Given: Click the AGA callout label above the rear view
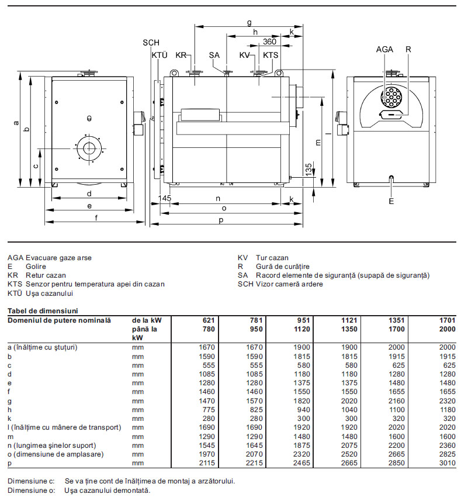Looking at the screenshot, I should [x=385, y=50].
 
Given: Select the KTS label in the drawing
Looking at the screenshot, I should [x=271, y=55].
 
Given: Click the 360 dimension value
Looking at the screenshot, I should [x=269, y=42].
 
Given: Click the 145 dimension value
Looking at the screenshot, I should [x=165, y=199].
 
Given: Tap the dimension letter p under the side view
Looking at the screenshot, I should [x=221, y=219].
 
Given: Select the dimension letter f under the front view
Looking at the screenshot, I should [x=95, y=218].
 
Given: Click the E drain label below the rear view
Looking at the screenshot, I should [x=391, y=201].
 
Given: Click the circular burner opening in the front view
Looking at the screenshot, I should [x=89, y=147].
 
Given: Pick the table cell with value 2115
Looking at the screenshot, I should [x=207, y=462].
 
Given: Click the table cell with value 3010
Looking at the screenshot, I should [x=446, y=462].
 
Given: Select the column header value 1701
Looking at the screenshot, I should [x=446, y=320].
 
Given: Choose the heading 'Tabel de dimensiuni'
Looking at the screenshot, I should [x=42, y=310].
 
